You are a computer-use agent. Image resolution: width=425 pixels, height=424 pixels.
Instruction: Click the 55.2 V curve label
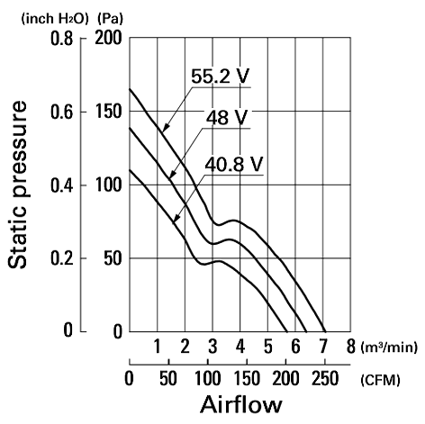click(221, 77)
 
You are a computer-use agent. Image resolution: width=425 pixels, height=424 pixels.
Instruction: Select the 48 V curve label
click(227, 117)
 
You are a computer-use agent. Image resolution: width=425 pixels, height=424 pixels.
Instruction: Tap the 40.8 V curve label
click(233, 164)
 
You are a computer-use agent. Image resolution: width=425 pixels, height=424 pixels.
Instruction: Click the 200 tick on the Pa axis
click(108, 38)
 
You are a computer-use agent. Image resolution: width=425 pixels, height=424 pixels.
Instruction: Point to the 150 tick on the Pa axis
click(108, 112)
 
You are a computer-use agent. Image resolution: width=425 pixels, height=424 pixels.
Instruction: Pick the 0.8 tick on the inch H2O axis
click(61, 39)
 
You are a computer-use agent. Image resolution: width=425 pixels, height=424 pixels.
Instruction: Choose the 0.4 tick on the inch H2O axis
click(61, 185)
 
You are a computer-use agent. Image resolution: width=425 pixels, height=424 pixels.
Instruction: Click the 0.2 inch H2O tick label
click(61, 259)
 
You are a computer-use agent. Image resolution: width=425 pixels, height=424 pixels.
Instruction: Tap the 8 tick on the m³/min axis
click(350, 347)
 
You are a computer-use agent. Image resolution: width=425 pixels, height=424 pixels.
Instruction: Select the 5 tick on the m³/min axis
click(267, 347)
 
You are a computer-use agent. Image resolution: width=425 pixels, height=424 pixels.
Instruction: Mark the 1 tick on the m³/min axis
click(157, 347)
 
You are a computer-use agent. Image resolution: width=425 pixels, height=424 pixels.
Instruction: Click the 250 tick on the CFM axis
click(325, 378)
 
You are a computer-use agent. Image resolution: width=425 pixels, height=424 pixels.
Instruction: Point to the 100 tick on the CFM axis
click(208, 378)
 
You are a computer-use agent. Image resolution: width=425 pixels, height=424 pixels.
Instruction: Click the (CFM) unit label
click(380, 380)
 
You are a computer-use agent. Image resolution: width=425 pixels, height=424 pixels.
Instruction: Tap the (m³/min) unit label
click(389, 347)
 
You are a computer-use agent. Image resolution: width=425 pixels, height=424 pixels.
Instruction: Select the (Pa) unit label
click(110, 19)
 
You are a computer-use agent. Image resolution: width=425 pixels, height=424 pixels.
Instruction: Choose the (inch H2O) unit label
click(55, 19)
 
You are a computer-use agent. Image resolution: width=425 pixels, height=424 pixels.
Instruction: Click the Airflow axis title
click(241, 404)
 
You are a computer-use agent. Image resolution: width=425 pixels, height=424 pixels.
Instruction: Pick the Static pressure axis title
click(17, 185)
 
